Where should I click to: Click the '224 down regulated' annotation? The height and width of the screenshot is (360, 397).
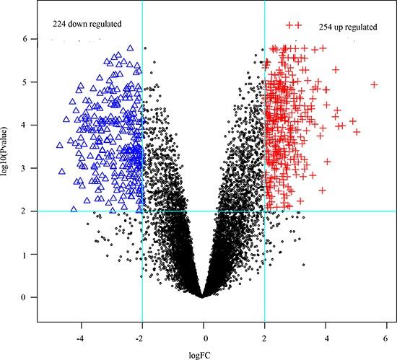(x=87, y=24)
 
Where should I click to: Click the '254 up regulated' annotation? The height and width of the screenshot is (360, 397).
(x=347, y=27)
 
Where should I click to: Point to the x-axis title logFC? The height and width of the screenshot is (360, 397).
(x=204, y=352)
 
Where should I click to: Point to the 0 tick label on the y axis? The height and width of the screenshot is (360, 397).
(x=24, y=297)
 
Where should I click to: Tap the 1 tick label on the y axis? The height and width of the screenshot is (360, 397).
(x=24, y=254)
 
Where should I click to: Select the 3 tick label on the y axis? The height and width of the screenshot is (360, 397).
(x=24, y=168)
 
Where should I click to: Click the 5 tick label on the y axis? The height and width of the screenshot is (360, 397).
(x=24, y=82)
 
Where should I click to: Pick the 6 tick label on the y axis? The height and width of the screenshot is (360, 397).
(x=24, y=39)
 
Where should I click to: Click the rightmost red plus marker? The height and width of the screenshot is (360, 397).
(x=374, y=84)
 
